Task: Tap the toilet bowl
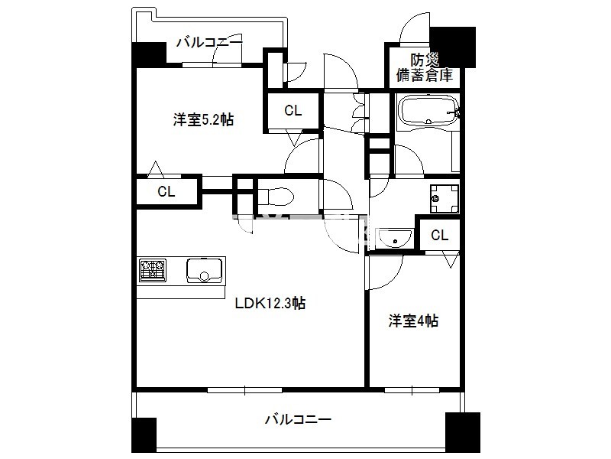(276, 197)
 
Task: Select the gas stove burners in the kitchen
(152, 270)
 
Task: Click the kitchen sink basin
(204, 270)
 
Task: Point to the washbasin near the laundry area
(394, 238)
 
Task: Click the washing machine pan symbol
(445, 199)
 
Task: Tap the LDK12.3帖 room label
(270, 303)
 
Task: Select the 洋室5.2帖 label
(203, 119)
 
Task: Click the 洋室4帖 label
(413, 321)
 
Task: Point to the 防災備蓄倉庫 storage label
(425, 67)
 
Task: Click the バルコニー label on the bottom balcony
(298, 419)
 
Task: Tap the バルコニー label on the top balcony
(209, 42)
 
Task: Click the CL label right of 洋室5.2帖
(293, 110)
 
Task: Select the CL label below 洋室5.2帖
(166, 191)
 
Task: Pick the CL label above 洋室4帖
(440, 235)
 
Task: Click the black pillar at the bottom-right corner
(463, 432)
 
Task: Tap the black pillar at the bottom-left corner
(144, 435)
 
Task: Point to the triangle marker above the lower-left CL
(156, 168)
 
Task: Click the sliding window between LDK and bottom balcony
(244, 390)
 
